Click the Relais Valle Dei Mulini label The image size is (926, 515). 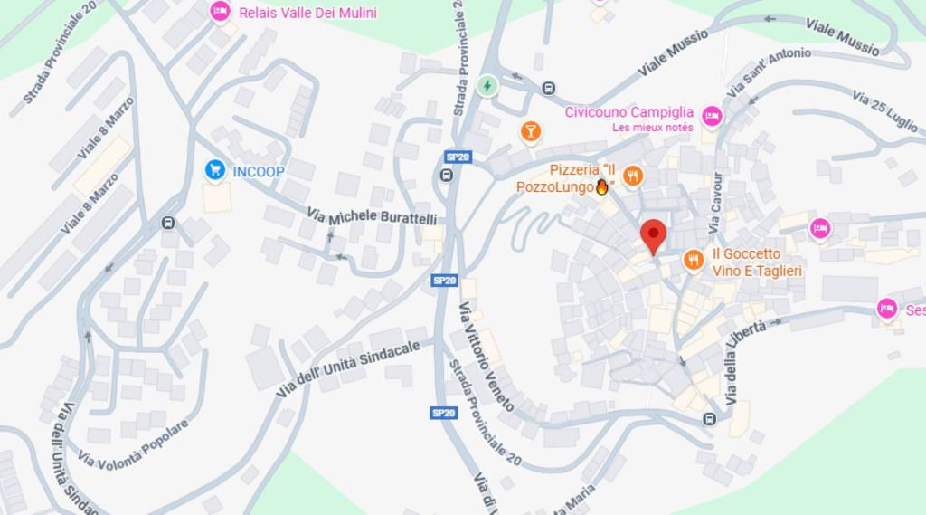click(307, 13)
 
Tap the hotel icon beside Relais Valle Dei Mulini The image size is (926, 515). click(220, 12)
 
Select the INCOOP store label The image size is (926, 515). click(259, 171)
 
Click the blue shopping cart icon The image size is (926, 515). click(214, 169)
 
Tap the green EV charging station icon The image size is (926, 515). click(487, 86)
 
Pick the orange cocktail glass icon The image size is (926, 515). click(531, 132)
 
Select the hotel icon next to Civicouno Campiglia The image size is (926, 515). click(712, 115)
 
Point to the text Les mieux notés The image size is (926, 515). click(652, 128)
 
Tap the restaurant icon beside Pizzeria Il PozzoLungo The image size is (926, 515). click(633, 176)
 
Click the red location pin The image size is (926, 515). click(653, 234)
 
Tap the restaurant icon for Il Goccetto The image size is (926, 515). click(694, 261)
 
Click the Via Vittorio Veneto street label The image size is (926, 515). click(487, 357)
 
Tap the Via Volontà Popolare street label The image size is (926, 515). click(134, 444)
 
